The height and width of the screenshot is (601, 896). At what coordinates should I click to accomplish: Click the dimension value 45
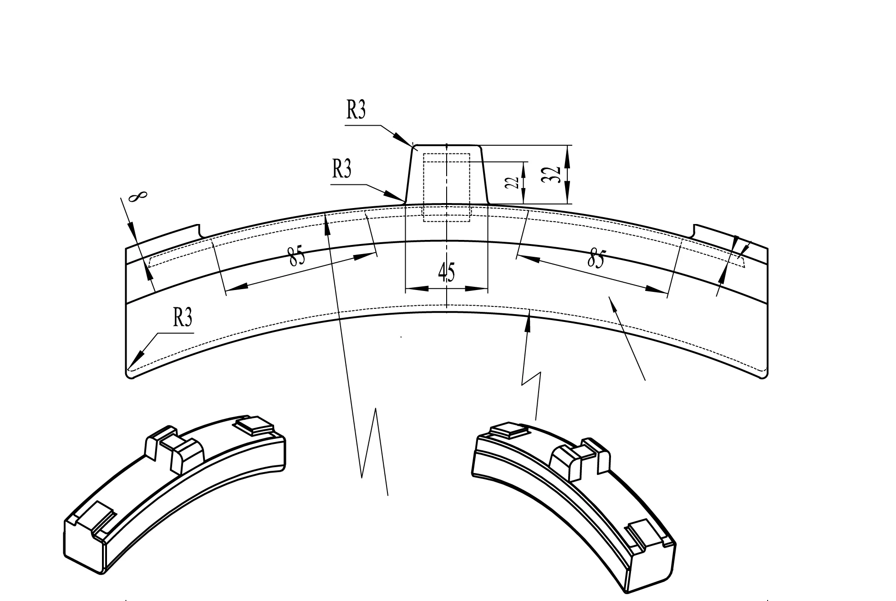[446, 273]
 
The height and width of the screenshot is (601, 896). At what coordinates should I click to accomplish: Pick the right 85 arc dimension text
[596, 259]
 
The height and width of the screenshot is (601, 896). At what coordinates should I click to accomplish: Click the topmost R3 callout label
[356, 110]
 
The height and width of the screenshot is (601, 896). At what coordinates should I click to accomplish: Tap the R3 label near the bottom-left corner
[182, 317]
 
